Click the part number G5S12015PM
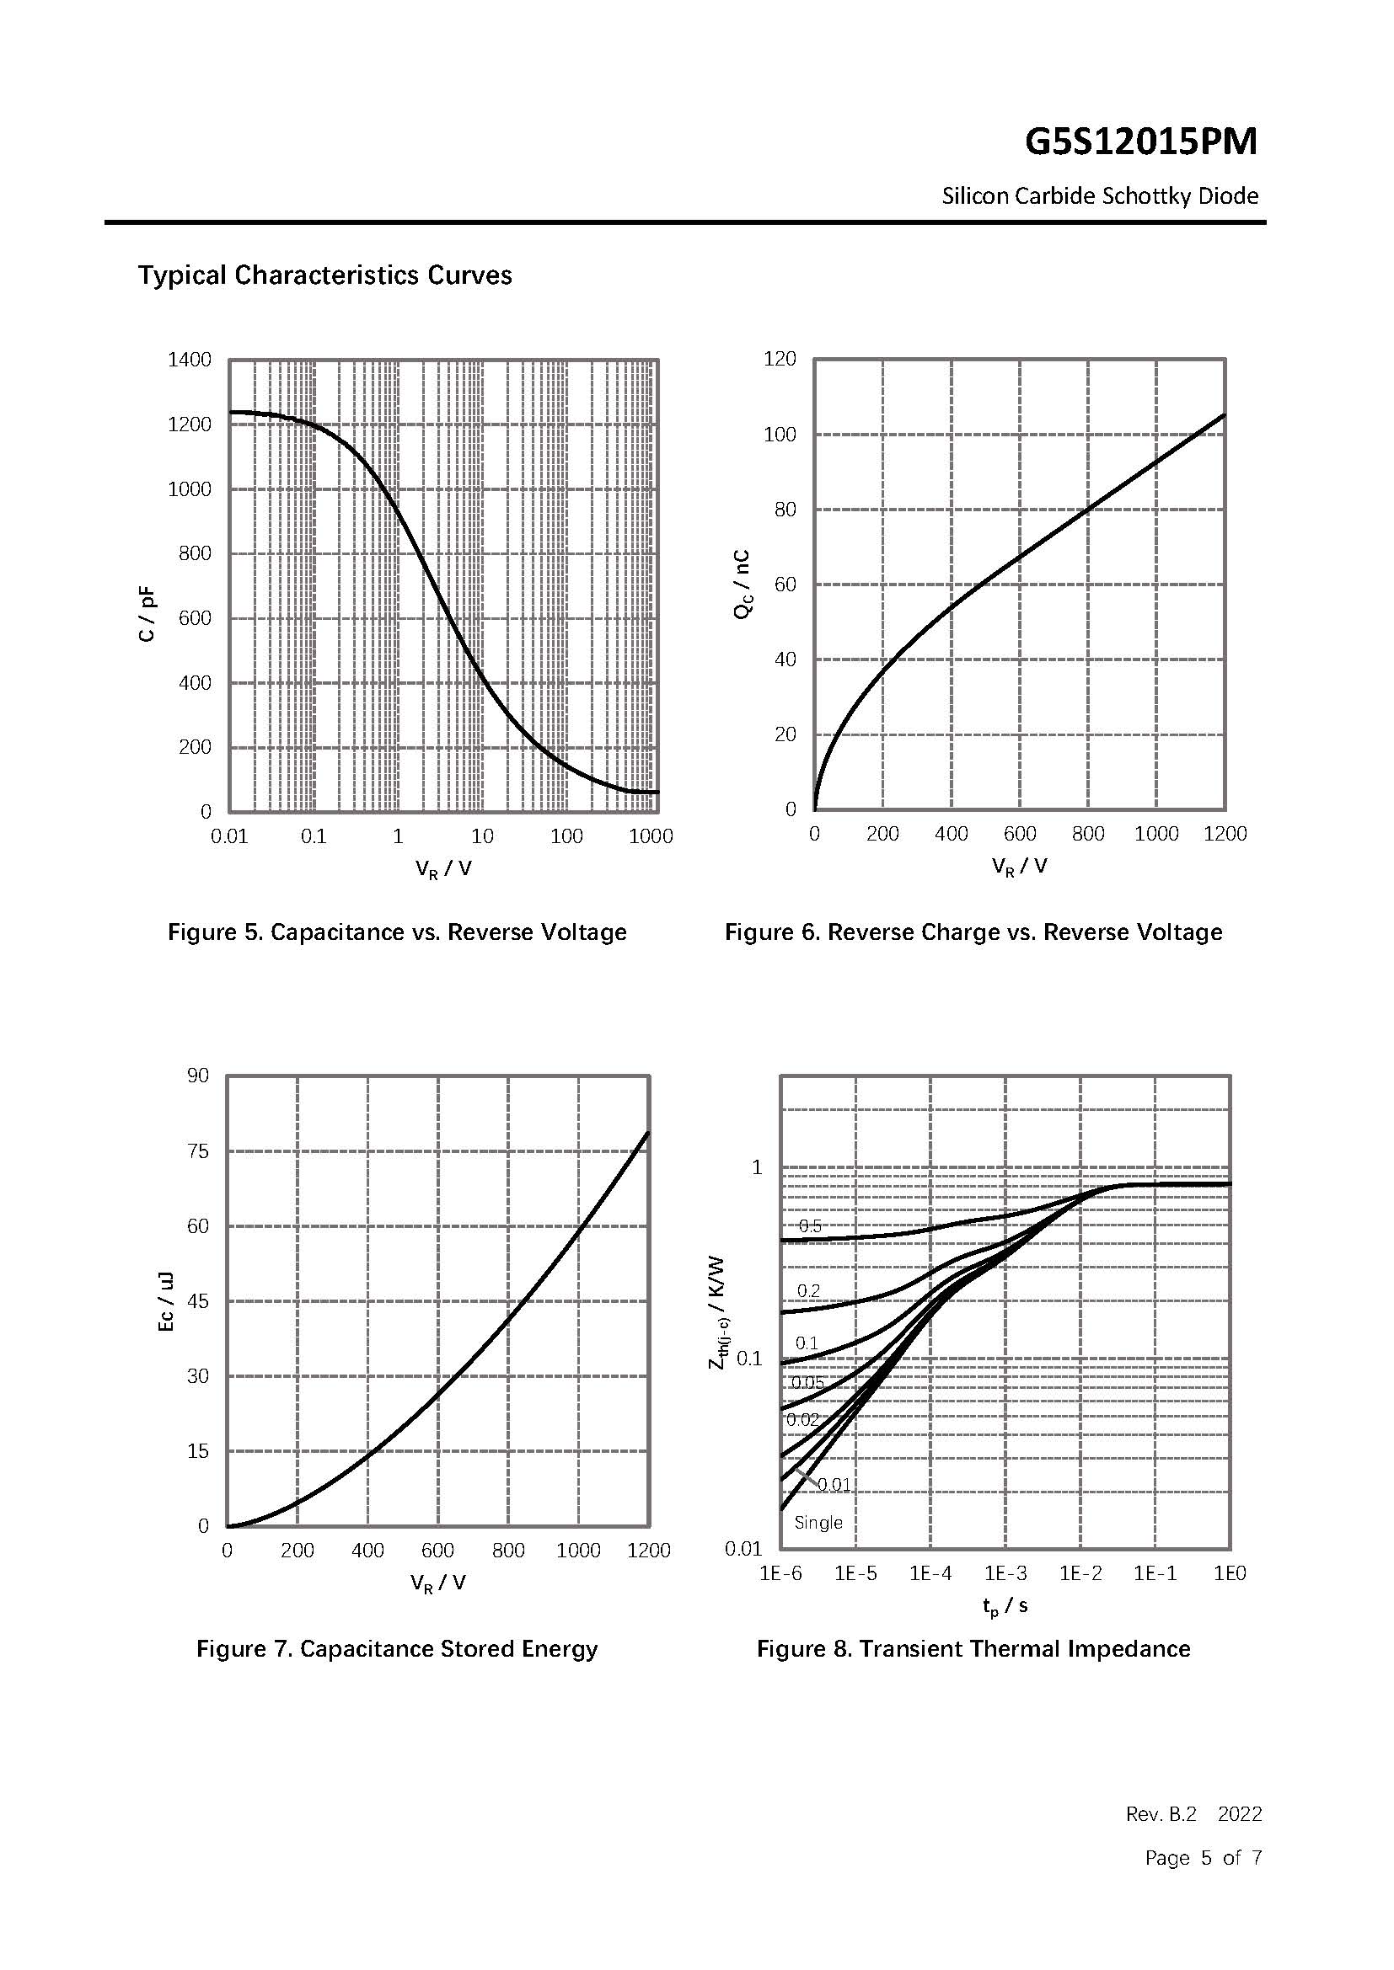coord(1140,141)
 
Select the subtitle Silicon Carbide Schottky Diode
coord(1100,196)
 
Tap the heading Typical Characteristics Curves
coord(324,275)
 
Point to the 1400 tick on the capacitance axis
coord(189,360)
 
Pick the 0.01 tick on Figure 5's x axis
coord(229,836)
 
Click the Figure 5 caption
coord(397,932)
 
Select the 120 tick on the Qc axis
coord(780,359)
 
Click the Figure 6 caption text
coord(973,932)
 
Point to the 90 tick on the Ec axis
coord(197,1076)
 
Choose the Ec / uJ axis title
coord(167,1300)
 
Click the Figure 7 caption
coord(397,1649)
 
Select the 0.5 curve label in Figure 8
coord(810,1226)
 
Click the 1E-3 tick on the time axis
coord(1005,1573)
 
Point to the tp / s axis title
coord(1005,1604)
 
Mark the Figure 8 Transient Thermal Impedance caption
coord(973,1649)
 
